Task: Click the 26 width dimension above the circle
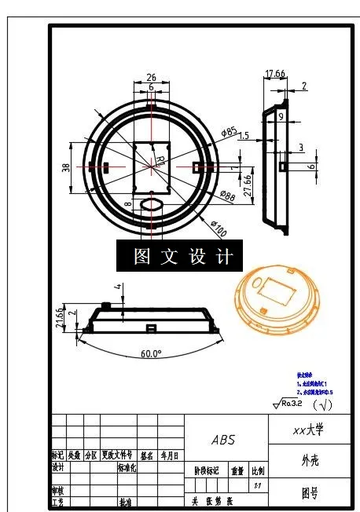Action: [151, 78]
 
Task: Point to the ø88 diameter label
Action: [228, 196]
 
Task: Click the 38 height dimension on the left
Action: [66, 166]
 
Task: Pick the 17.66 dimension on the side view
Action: [274, 74]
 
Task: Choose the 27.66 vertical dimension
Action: [247, 187]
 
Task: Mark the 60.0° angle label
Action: [151, 354]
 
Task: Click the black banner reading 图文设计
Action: [174, 257]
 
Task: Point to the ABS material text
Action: [223, 440]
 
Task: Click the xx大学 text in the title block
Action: [307, 430]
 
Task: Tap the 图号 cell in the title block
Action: [309, 494]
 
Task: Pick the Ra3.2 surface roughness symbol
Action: [289, 404]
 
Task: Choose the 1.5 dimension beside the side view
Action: [244, 136]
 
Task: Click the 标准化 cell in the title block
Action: [127, 467]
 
